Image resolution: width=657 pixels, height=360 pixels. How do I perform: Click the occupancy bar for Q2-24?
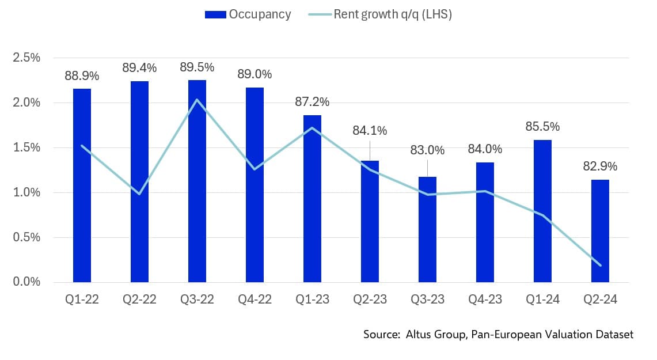point(600,231)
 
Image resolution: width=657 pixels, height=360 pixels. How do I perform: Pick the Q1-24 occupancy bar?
point(542,211)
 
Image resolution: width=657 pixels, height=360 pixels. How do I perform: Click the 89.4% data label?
point(139,68)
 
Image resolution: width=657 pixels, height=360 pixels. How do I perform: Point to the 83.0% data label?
point(427,150)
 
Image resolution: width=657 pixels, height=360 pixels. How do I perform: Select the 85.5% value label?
point(542,127)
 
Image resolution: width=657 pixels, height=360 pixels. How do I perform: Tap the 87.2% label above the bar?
point(312,102)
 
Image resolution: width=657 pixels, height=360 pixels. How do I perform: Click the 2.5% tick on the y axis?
point(27,58)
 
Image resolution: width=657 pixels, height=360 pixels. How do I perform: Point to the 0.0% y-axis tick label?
point(27,282)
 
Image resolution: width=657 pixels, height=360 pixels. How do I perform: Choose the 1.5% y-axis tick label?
point(27,147)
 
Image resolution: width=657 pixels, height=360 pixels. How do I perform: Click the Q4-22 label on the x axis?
point(255,300)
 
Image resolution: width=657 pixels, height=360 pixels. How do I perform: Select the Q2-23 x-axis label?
point(370,300)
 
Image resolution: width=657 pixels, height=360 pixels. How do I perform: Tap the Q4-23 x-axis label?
point(485,300)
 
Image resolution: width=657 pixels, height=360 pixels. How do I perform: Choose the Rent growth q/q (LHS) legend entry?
point(392,14)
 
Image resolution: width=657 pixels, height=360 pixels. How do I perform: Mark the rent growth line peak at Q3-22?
point(197,100)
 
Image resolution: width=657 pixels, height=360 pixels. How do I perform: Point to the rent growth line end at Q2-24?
point(600,265)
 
